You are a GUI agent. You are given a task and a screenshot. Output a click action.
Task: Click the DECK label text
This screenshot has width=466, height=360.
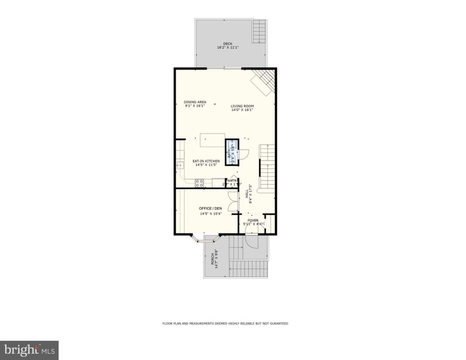pyautogui.click(x=228, y=43)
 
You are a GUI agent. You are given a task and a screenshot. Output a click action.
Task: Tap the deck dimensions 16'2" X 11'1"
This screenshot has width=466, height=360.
pyautogui.click(x=228, y=47)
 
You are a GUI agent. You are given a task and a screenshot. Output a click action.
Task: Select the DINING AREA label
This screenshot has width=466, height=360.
pyautogui.click(x=195, y=102)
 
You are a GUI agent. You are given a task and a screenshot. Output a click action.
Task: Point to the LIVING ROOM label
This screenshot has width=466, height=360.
pyautogui.click(x=242, y=106)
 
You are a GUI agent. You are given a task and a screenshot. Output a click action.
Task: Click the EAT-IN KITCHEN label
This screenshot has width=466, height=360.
pyautogui.click(x=206, y=161)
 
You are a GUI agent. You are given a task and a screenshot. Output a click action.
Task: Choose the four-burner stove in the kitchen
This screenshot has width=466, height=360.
pyautogui.click(x=199, y=182)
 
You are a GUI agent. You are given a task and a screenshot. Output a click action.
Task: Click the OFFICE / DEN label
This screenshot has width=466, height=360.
pyautogui.click(x=211, y=209)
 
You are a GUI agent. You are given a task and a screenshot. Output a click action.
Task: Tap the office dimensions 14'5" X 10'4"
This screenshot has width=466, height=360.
pyautogui.click(x=211, y=214)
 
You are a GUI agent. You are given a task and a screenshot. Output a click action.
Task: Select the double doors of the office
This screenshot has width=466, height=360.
pyautogui.click(x=233, y=201)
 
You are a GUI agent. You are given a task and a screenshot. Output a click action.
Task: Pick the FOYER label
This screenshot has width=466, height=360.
pyautogui.click(x=254, y=220)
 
